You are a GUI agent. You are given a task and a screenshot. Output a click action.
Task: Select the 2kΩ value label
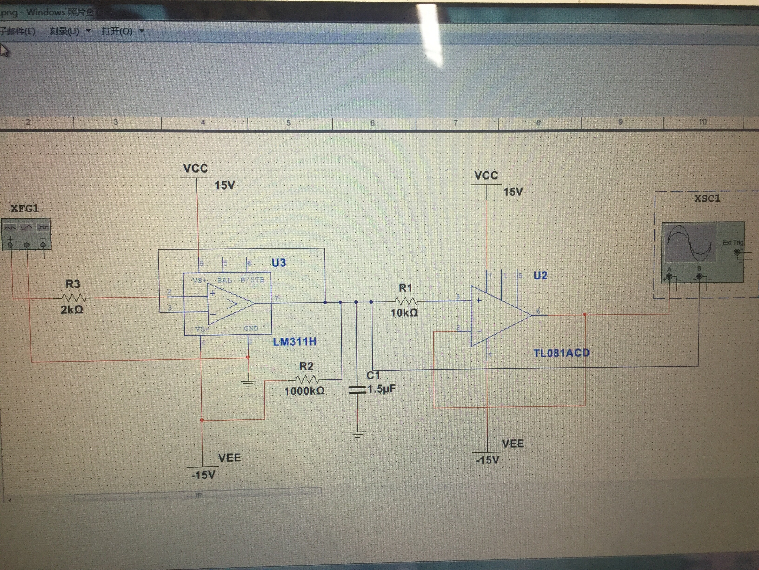[72, 310]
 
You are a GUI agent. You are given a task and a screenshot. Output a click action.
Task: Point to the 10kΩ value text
[404, 313]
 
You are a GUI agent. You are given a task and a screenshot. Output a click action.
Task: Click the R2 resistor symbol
[306, 379]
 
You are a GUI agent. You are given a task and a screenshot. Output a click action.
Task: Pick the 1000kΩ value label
[304, 391]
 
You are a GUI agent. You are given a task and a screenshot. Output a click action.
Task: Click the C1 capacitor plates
[357, 389]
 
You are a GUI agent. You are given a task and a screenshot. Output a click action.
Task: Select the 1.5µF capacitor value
[382, 389]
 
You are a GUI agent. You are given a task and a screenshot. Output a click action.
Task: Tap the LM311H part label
[294, 342]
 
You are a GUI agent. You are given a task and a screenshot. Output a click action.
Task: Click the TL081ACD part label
[561, 353]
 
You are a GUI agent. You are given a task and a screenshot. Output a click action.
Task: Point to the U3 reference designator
[279, 263]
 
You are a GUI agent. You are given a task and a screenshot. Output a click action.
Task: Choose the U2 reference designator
[540, 275]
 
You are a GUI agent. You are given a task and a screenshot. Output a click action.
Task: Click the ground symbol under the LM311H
[248, 383]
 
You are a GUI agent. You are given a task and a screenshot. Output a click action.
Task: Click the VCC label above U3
[196, 168]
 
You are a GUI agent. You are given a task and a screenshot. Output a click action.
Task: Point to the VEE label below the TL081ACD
[513, 444]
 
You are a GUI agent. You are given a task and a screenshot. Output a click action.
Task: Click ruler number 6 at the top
[372, 123]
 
